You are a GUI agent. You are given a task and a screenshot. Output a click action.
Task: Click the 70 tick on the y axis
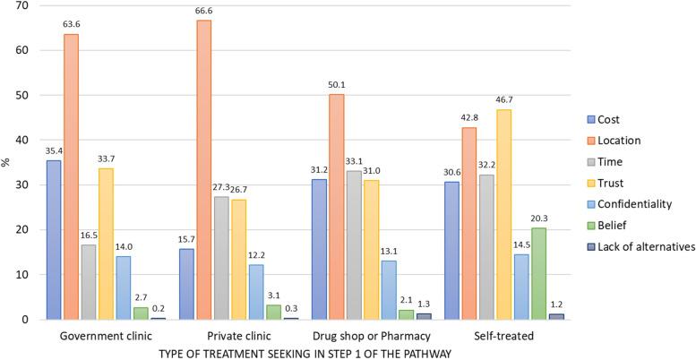click(21, 6)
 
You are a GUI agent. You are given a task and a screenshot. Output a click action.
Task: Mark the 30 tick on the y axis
click(21, 184)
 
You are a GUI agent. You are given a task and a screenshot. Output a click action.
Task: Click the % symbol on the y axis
click(6, 162)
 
